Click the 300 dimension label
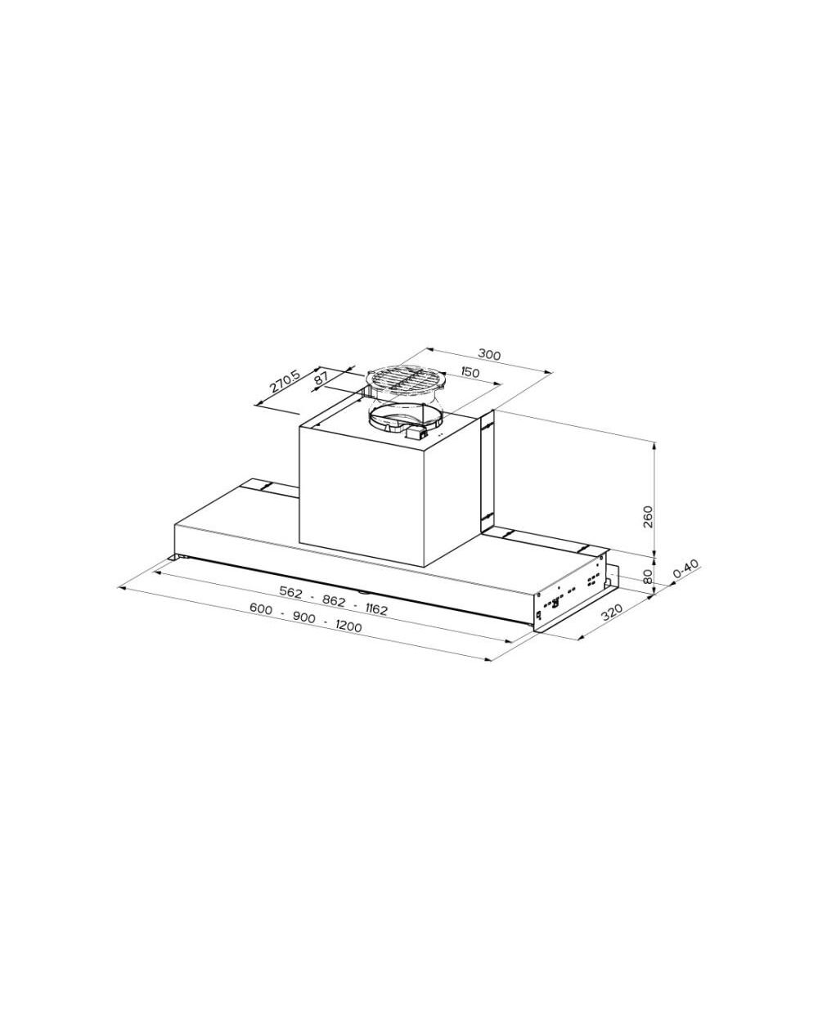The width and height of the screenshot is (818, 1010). click(489, 354)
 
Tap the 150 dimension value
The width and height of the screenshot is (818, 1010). click(469, 373)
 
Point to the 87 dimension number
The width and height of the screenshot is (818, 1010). click(321, 379)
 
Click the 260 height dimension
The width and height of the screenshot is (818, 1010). click(648, 516)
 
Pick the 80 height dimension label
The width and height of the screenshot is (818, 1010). click(648, 576)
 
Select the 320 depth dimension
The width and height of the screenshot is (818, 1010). click(612, 613)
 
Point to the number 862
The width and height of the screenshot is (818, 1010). click(334, 600)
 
